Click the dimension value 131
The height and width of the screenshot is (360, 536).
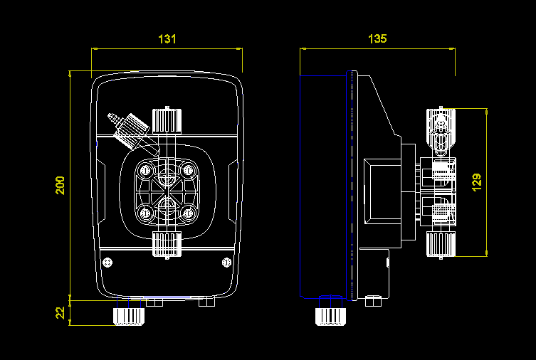point(167,40)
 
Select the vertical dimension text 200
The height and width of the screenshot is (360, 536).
point(61,186)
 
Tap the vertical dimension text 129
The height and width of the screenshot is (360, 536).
point(477,181)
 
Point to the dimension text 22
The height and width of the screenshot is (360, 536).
point(61,312)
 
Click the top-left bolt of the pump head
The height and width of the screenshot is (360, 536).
point(146,169)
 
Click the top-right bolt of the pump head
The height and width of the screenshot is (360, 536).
point(189,169)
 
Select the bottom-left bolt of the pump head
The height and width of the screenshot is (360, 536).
point(146,212)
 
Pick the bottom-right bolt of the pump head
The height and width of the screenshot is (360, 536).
point(189,212)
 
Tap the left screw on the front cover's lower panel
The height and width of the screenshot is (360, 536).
point(108,262)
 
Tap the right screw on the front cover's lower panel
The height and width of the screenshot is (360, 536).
point(226,262)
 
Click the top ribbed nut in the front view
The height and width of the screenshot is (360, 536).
point(167,120)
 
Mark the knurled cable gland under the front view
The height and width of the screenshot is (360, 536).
point(128,314)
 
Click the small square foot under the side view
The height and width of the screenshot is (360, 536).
point(372,301)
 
